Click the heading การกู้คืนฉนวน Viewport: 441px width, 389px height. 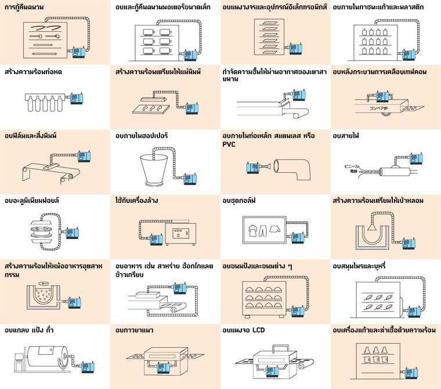point(26,8)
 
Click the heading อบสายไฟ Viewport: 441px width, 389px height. point(346,136)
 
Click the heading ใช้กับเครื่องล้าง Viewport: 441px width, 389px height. point(137,201)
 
